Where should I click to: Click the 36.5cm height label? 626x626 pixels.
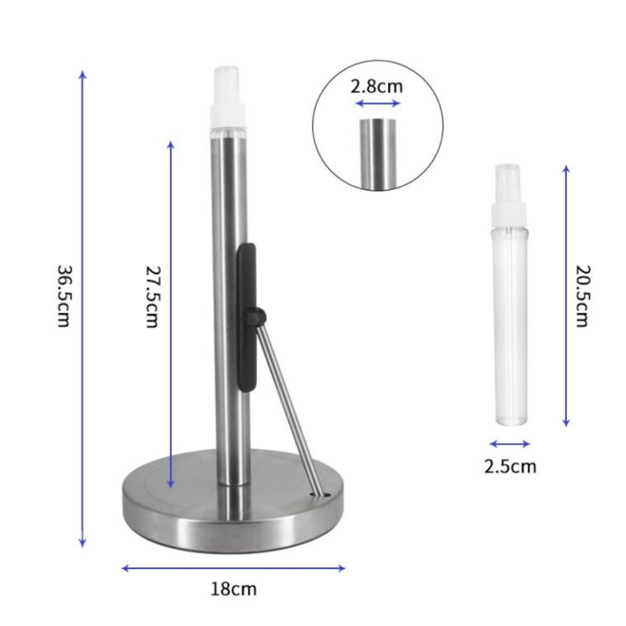63,296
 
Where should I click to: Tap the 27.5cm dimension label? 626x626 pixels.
151,296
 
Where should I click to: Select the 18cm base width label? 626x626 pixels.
233,589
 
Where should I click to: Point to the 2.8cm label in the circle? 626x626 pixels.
376,86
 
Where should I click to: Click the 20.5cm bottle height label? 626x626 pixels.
582,296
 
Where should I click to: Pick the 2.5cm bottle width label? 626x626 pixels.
510,466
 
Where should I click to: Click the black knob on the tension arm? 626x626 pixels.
256,316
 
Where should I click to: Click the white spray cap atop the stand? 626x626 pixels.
227,95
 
